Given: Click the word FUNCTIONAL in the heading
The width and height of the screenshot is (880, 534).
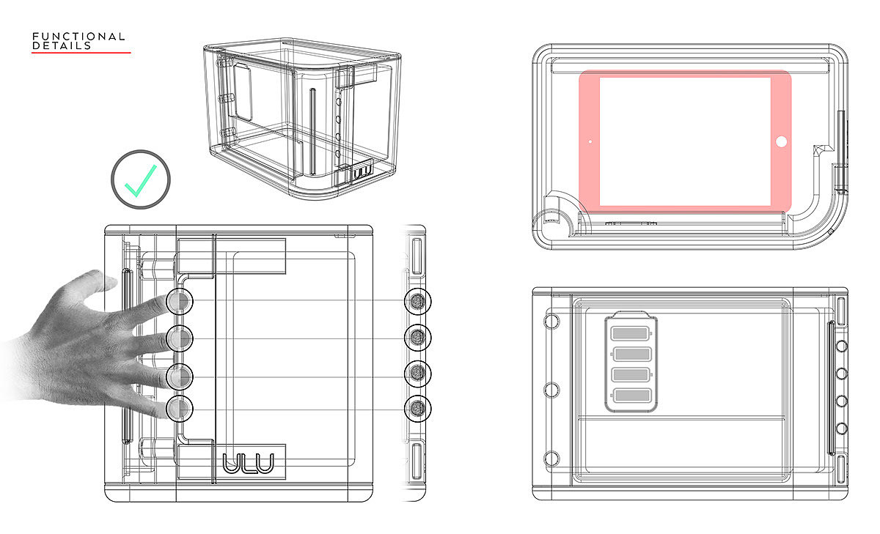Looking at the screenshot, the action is click(78, 36).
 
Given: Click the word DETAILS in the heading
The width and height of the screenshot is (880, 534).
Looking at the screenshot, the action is click(62, 45).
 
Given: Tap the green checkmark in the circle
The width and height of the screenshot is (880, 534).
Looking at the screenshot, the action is click(141, 180).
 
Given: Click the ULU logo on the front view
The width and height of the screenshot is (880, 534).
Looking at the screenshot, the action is click(248, 464).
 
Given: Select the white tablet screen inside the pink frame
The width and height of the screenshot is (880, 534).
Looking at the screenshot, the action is click(685, 141).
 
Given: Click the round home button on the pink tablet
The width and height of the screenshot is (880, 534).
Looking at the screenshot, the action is click(781, 141).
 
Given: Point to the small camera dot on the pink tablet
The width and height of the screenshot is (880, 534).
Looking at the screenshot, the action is click(590, 141).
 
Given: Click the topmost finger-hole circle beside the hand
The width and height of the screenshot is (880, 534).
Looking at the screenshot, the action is click(180, 301).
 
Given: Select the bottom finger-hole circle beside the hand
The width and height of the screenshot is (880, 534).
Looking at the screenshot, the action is click(180, 408).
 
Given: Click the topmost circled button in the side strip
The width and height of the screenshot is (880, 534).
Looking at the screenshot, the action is click(418, 301).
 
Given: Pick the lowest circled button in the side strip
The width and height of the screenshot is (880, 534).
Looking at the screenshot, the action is click(418, 408).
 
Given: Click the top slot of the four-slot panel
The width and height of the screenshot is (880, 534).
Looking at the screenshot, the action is click(630, 334).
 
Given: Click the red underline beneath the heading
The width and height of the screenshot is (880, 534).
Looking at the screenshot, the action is click(81, 53).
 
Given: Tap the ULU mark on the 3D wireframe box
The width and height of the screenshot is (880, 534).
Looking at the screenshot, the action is click(362, 174).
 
